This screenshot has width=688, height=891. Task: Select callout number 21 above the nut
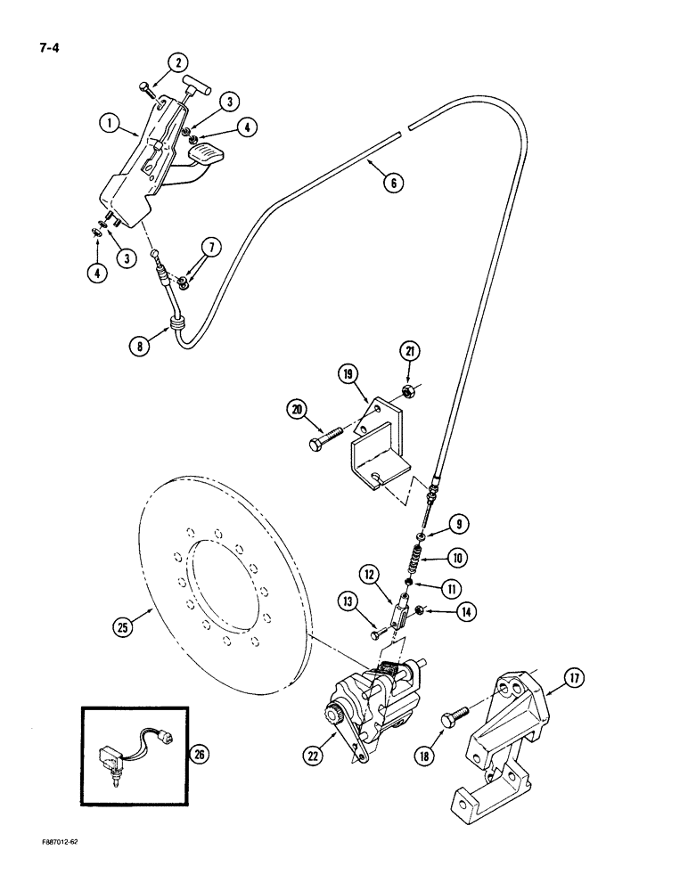pos(411,355)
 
